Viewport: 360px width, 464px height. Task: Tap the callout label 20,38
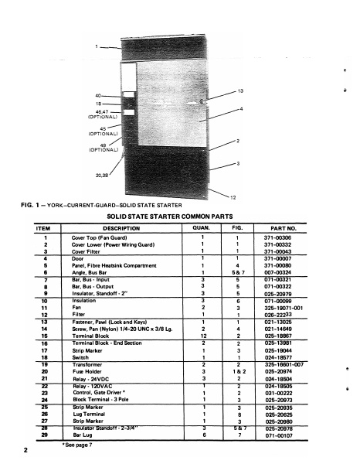103,176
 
